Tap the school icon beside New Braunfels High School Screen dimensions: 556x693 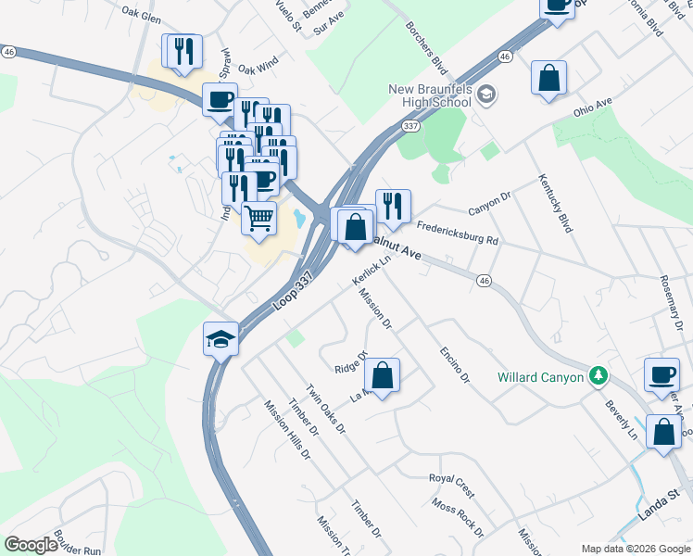click(488, 94)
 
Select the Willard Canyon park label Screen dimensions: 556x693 click(540, 377)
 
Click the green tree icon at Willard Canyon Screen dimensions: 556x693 click(598, 376)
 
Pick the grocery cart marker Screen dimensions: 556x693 click(258, 220)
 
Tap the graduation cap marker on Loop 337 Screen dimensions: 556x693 click(221, 339)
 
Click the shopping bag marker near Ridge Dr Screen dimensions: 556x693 click(382, 375)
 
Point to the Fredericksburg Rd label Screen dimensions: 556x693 click(458, 233)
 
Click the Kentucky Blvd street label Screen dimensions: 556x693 click(554, 203)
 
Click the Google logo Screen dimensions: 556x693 click(31, 545)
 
